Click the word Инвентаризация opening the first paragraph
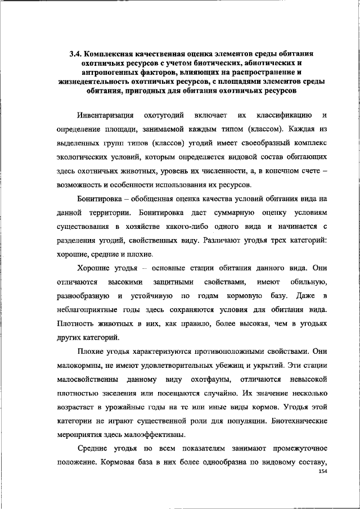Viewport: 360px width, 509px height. (x=105, y=115)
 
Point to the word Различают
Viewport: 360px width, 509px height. (x=243, y=240)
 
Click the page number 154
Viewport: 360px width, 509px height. (x=322, y=471)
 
